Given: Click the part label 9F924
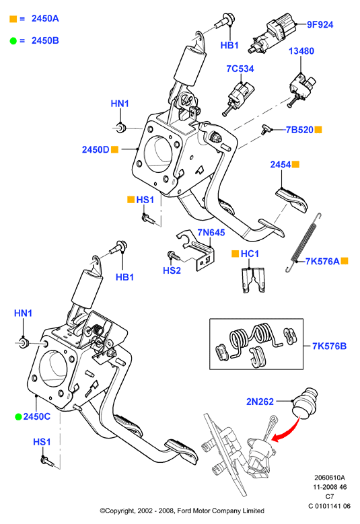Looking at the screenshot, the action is pos(320,25).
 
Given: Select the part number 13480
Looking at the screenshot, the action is pos(301,51).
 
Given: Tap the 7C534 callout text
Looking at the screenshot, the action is pos(240,69).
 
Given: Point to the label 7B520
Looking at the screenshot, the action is pos(299,130).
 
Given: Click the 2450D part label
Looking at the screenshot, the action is pos(96,150).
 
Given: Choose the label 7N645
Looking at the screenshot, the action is pos(211,232).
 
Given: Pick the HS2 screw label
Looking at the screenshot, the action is pos(172,270).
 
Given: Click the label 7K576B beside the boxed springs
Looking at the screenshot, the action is pos(329,346).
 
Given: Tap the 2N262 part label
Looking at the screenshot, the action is pos(260,402).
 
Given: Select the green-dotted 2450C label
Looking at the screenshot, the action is pos(37,417).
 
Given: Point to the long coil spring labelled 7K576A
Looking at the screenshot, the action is pos(303,242).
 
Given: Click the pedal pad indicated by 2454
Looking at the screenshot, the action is pos(292,200).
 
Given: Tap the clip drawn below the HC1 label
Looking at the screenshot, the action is pos(253,280).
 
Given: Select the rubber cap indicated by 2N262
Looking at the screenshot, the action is pos(304,402).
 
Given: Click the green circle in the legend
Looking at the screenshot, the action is pos(13,41).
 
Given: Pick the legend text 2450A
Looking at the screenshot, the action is pos(45,19).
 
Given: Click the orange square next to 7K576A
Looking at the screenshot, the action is pos(345,261).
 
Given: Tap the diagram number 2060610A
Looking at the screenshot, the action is pos(329,478).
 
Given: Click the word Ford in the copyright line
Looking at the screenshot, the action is pos(183,511).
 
